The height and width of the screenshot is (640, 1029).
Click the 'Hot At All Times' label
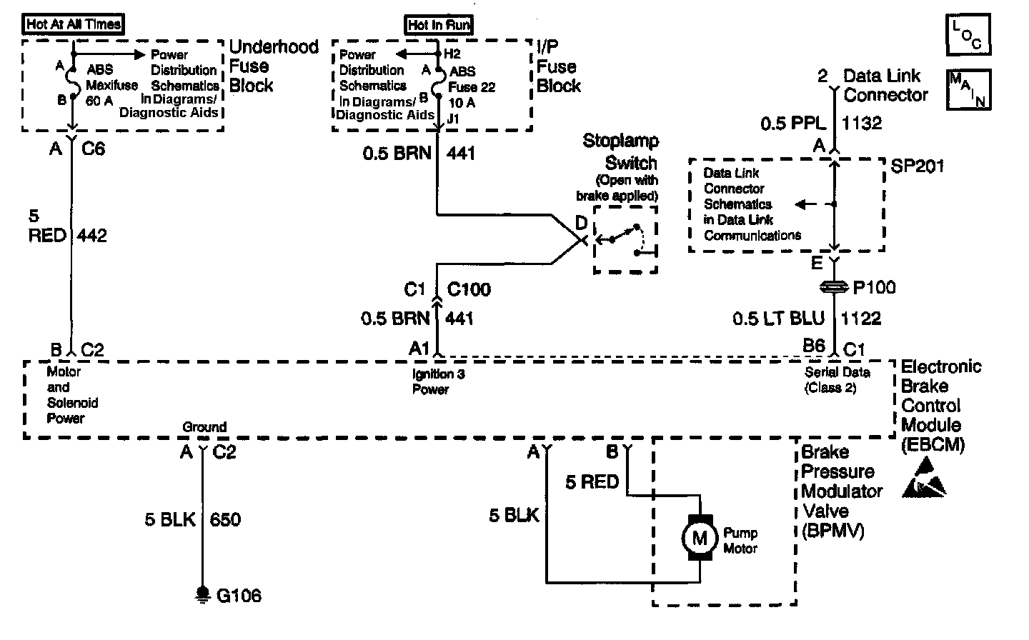(73, 24)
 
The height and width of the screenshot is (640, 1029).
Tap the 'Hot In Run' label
(439, 25)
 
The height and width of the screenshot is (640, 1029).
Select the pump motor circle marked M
(700, 538)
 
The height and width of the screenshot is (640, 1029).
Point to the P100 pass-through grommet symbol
(834, 287)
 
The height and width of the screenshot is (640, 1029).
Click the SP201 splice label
(918, 166)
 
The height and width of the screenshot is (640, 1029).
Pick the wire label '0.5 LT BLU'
(778, 319)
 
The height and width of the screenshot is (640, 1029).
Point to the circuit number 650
(225, 519)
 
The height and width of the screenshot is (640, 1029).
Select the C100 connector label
(469, 289)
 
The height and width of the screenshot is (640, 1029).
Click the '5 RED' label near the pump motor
(592, 482)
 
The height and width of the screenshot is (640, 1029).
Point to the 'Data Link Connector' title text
(885, 85)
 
